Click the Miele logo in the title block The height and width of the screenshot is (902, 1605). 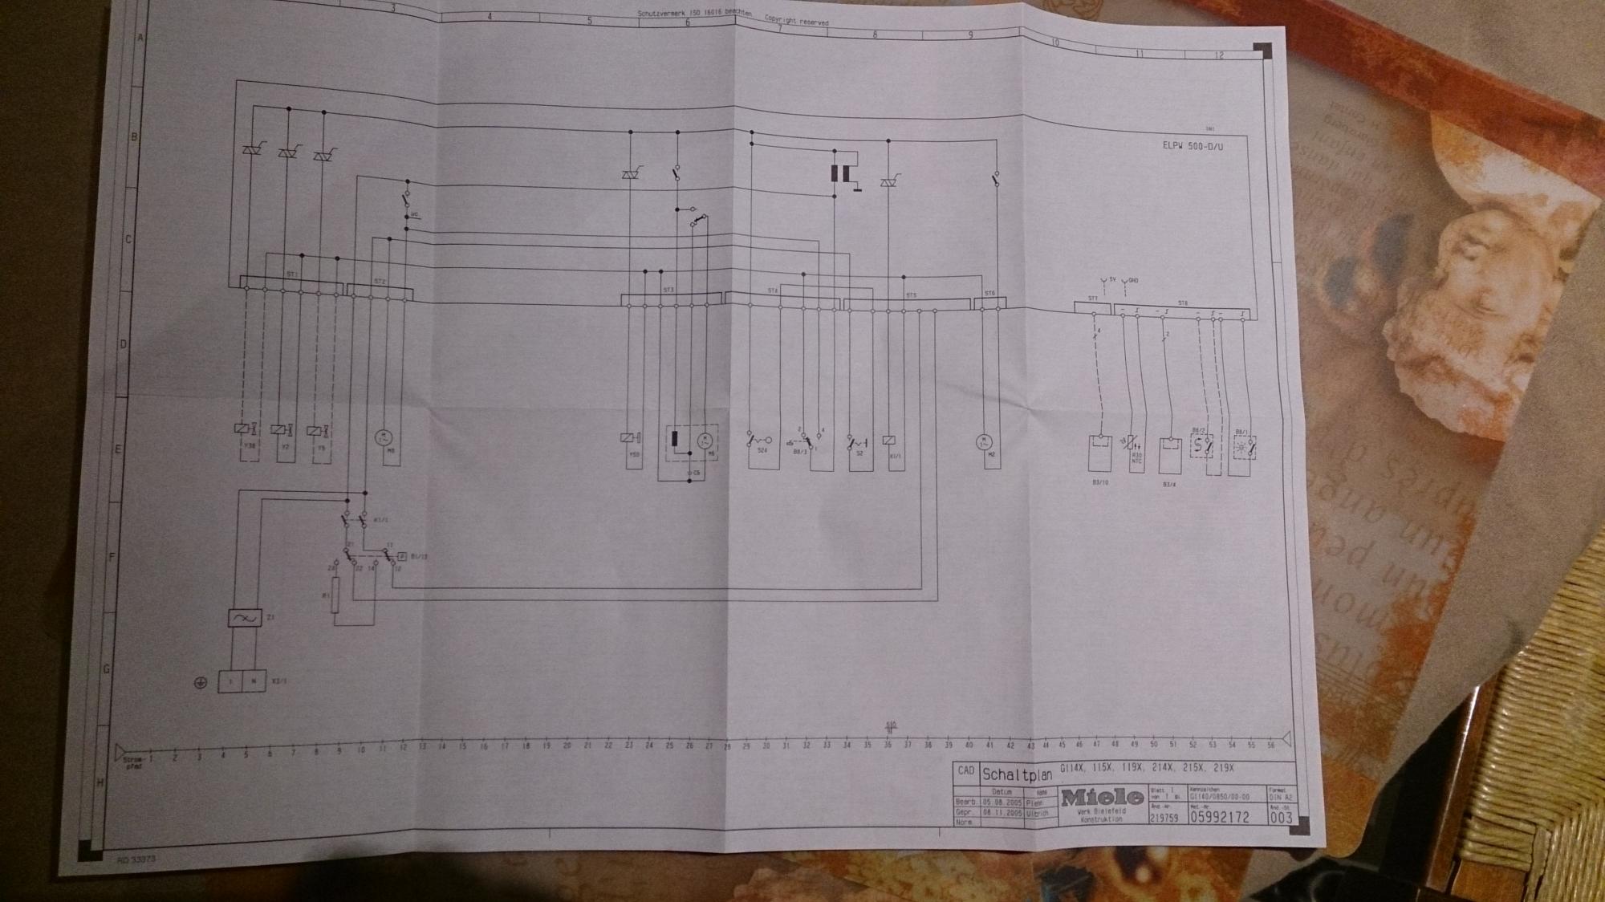pos(1102,797)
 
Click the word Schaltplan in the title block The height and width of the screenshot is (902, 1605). pos(1016,775)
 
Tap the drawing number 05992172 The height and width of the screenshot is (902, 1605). pos(1219,817)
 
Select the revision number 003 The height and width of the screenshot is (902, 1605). pos(1281,817)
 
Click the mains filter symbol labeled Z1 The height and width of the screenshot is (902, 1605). pos(244,619)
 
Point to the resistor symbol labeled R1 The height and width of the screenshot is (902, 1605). pos(337,595)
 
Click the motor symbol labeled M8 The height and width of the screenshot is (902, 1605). pos(382,437)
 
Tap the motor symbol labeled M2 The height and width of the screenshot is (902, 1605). pos(984,442)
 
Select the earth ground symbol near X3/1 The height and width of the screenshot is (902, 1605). pos(201,683)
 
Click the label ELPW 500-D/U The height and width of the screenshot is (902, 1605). pos(1193,147)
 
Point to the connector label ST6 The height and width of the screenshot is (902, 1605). pos(989,294)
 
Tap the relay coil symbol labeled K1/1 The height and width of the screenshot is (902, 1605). pos(888,441)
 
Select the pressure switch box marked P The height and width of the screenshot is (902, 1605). pos(402,556)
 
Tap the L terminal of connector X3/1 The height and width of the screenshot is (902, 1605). pos(231,681)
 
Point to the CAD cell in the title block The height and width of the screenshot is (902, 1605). pos(965,771)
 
